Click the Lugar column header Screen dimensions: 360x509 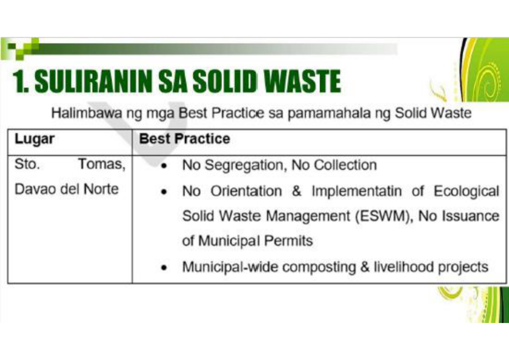tap(34, 139)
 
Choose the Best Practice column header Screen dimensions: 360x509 tap(185, 139)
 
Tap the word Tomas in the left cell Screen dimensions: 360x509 tap(101, 164)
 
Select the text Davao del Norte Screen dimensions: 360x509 tap(66, 189)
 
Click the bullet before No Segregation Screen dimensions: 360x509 tap(163, 166)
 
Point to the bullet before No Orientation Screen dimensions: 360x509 tap(163, 192)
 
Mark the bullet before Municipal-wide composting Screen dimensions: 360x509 tap(163, 268)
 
